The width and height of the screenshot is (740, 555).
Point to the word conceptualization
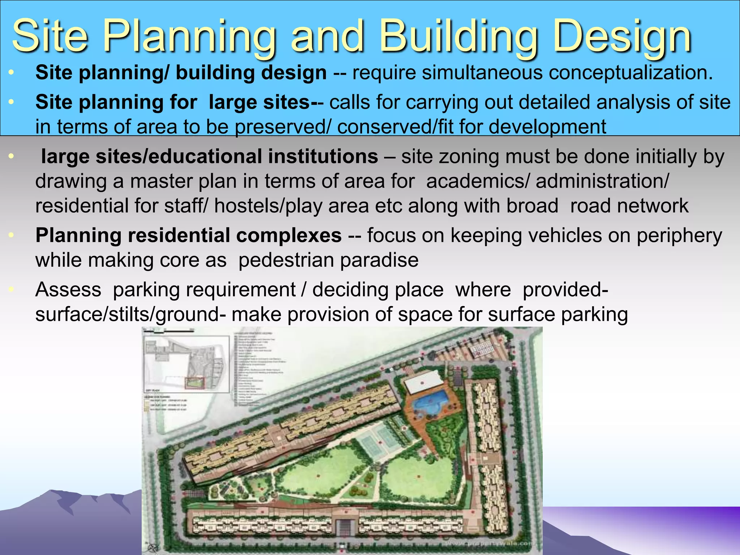pos(631,73)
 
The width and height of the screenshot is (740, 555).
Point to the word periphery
pos(679,236)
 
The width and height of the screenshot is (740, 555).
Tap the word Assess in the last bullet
pos(68,290)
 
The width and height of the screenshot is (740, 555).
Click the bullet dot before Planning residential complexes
pos(11,236)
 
